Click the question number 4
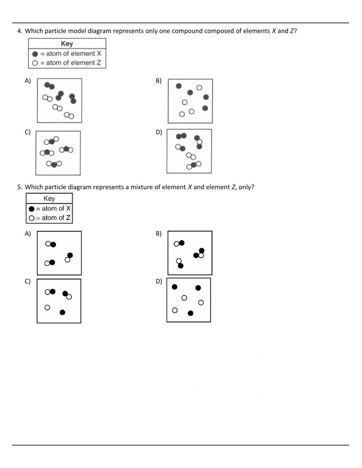[20, 31]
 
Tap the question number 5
[20, 187]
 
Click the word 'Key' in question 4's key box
[67, 44]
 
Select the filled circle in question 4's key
[35, 54]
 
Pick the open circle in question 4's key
[35, 63]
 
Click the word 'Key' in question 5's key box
[49, 199]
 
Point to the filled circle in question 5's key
[31, 209]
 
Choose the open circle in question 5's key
[31, 218]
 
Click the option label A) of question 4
[28, 81]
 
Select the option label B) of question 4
[159, 81]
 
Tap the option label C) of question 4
[28, 132]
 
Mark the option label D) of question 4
[159, 132]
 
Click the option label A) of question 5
[28, 234]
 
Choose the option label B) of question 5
[159, 234]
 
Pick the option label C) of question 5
[28, 282]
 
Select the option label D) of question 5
[159, 282]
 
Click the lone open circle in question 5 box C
[47, 307]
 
